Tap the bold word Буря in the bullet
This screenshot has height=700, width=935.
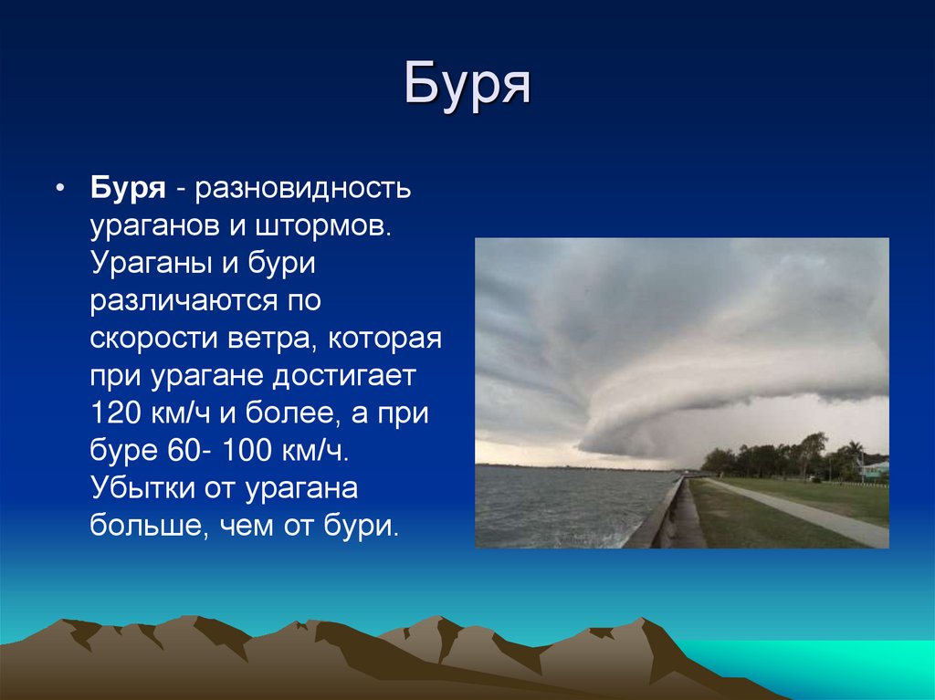click(127, 190)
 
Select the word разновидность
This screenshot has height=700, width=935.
click(302, 190)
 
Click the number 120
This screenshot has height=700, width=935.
click(113, 413)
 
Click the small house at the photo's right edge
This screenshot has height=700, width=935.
click(875, 469)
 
